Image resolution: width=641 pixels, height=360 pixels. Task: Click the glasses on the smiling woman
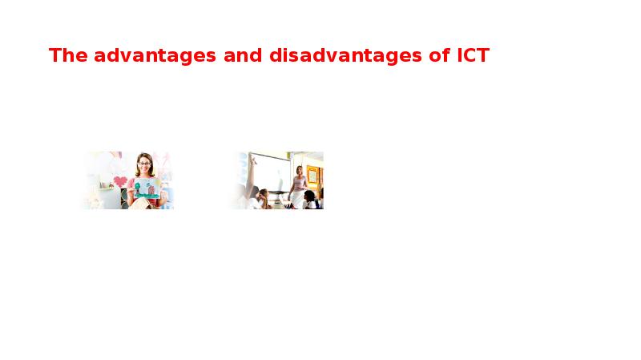point(144,164)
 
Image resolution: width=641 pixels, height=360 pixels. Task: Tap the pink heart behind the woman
point(119,180)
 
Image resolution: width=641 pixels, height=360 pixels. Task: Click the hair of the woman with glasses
point(144,157)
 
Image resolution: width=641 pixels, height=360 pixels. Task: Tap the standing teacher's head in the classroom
point(299,170)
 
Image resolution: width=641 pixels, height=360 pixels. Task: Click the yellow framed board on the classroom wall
point(312,176)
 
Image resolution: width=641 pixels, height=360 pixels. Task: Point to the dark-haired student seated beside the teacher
point(311,199)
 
